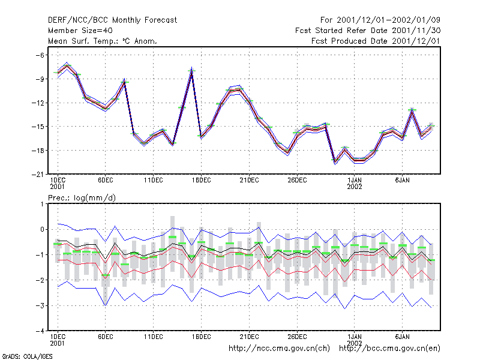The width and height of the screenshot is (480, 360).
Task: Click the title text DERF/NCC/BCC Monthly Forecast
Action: pyautogui.click(x=112, y=20)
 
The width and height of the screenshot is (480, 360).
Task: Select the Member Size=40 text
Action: pyautogui.click(x=80, y=31)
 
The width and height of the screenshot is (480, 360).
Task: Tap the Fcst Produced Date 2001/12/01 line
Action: pyautogui.click(x=376, y=41)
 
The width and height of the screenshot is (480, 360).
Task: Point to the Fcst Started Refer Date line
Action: pyautogui.click(x=368, y=31)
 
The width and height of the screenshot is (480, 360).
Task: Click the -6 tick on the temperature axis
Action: pyautogui.click(x=40, y=55)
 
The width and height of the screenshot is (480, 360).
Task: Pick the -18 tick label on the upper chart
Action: pyautogui.click(x=38, y=151)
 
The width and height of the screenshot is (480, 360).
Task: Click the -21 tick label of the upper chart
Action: pyautogui.click(x=38, y=174)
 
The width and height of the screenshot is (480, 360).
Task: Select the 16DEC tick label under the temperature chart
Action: pyautogui.click(x=202, y=181)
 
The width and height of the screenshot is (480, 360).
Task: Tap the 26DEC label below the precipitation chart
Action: pyautogui.click(x=297, y=337)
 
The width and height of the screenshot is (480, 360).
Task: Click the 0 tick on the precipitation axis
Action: pyautogui.click(x=42, y=229)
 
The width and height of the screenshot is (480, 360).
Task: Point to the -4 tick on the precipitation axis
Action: pyautogui.click(x=40, y=331)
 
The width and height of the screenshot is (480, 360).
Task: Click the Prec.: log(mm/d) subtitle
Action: pyautogui.click(x=82, y=198)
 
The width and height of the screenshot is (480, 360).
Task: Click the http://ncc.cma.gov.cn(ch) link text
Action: pyautogui.click(x=279, y=349)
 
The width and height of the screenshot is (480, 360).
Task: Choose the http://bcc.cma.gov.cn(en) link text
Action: pyautogui.click(x=389, y=349)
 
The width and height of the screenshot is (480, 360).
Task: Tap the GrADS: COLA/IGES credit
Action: pyautogui.click(x=27, y=356)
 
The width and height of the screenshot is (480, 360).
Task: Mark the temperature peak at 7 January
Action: pyautogui.click(x=412, y=110)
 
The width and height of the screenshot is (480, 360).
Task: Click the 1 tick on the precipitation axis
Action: pyautogui.click(x=42, y=204)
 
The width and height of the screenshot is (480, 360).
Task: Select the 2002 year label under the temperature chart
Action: pyautogui.click(x=355, y=187)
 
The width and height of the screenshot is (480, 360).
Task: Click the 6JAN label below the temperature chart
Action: pyautogui.click(x=402, y=181)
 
